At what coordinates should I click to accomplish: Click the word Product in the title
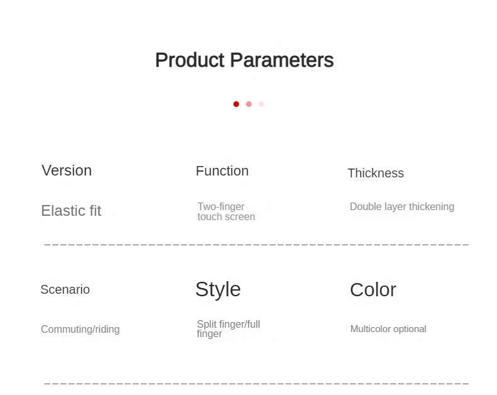pyautogui.click(x=190, y=60)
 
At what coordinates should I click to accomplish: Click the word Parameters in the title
pyautogui.click(x=282, y=60)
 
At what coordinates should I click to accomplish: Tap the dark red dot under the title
pyautogui.click(x=236, y=104)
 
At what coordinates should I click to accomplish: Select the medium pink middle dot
pyautogui.click(x=249, y=104)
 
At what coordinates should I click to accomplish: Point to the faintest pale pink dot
pyautogui.click(x=261, y=104)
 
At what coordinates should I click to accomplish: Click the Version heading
pyautogui.click(x=67, y=170)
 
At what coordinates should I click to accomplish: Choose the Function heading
pyautogui.click(x=222, y=171)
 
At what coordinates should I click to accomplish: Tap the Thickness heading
pyautogui.click(x=376, y=173)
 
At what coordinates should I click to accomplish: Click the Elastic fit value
pyautogui.click(x=71, y=211)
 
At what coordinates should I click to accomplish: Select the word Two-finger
pyautogui.click(x=221, y=207)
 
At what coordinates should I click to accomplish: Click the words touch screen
pyautogui.click(x=226, y=217)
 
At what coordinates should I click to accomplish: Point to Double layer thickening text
pyautogui.click(x=402, y=207)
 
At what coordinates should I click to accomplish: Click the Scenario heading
pyautogui.click(x=65, y=289)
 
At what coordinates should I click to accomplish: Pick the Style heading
pyautogui.click(x=218, y=289)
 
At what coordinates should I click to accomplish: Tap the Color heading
pyautogui.click(x=373, y=290)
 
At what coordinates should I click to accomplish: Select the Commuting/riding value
pyautogui.click(x=80, y=329)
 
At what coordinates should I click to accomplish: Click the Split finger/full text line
pyautogui.click(x=228, y=324)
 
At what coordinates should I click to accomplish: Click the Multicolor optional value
pyautogui.click(x=388, y=329)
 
